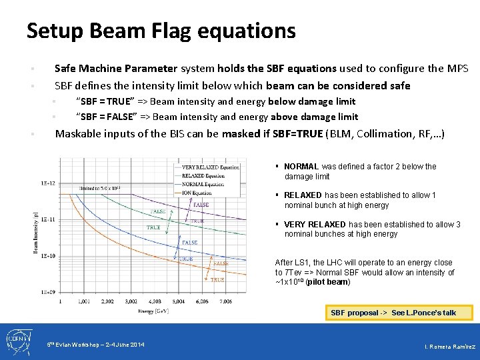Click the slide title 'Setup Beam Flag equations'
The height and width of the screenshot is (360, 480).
coord(161,31)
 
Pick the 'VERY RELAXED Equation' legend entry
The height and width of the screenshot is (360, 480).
coord(210,167)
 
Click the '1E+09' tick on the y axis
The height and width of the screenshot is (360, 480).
coord(47,292)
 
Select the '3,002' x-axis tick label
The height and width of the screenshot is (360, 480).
coord(131,302)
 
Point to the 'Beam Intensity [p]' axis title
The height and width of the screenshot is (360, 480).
coord(36,233)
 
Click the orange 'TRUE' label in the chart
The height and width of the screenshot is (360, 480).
coord(217,281)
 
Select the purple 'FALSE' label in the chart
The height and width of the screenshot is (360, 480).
coord(201,205)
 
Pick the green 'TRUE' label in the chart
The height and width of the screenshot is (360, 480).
coord(153,228)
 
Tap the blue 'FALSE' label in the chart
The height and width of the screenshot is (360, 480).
coord(189,243)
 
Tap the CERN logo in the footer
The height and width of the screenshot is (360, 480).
coord(18,341)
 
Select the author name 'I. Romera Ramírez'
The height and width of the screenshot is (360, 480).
coord(449,347)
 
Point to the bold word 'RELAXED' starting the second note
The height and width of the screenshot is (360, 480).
coord(303,195)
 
